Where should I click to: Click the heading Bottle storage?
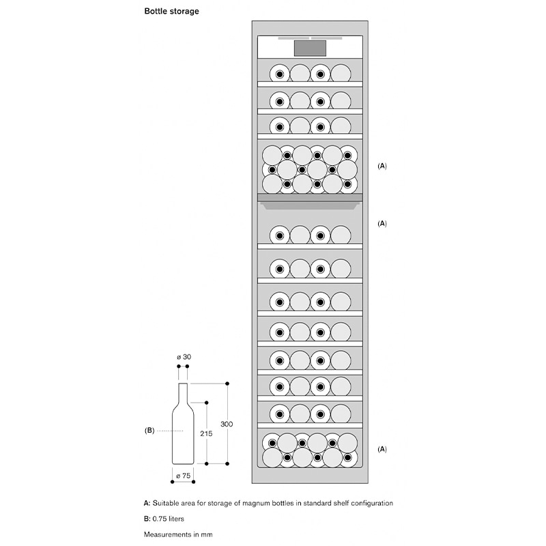tap(171, 12)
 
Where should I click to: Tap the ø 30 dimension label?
tap(183, 357)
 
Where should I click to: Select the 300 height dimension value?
tap(227, 424)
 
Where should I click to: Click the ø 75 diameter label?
tap(182, 474)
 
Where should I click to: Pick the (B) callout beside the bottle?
tap(149, 431)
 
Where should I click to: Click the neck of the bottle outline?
tap(183, 392)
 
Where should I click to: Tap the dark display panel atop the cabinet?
tap(310, 48)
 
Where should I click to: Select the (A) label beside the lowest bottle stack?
tap(382, 448)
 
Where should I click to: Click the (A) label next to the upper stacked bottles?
tap(382, 166)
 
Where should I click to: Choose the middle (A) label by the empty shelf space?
tap(382, 223)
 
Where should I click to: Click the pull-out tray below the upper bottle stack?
tap(310, 203)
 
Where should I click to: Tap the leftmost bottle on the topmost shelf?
tap(279, 73)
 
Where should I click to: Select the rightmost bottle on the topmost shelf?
tap(341, 73)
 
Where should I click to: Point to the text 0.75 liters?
tap(169, 519)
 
